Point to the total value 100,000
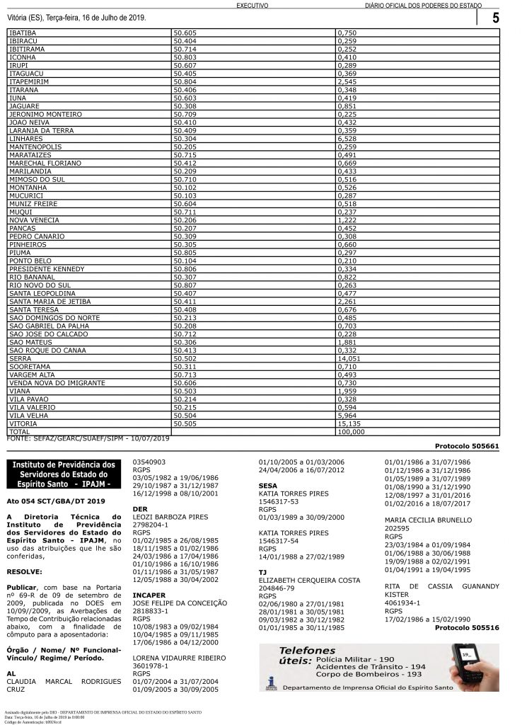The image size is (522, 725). [x=352, y=431]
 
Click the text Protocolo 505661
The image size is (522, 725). [x=467, y=447]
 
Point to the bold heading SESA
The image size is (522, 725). [x=268, y=486]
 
